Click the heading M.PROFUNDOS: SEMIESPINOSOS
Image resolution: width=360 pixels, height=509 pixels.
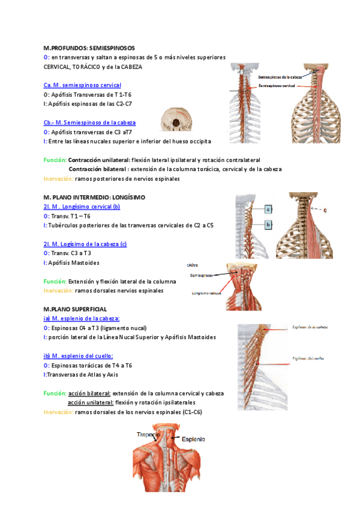(x=89, y=47)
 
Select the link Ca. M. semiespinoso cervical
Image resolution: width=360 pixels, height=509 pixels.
(x=82, y=85)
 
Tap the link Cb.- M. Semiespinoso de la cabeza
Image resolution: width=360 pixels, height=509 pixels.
(x=89, y=122)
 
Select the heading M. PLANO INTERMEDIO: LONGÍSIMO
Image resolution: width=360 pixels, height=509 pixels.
(x=94, y=197)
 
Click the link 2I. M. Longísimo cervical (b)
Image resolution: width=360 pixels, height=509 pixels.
(x=82, y=206)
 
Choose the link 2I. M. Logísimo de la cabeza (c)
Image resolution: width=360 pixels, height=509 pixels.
(x=85, y=244)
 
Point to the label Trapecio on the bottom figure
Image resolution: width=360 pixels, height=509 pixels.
(x=148, y=434)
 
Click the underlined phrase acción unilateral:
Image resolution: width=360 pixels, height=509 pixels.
(x=91, y=402)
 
